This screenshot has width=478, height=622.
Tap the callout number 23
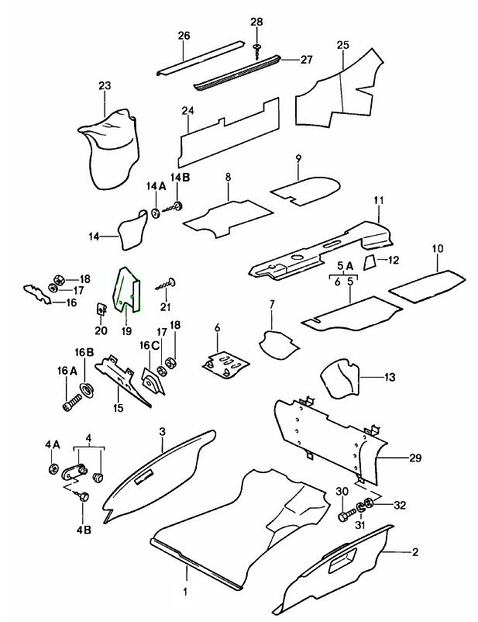pos(105,87)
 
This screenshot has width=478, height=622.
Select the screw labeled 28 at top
pos(256,50)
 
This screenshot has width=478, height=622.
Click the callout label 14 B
pos(180,178)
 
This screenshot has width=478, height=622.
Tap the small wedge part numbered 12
pos(370,259)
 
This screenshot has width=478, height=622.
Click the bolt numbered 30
pos(342,515)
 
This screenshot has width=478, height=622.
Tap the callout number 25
pos(342,45)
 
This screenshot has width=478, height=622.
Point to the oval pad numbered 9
pos(304,187)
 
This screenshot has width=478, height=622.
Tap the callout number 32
pos(399,505)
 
